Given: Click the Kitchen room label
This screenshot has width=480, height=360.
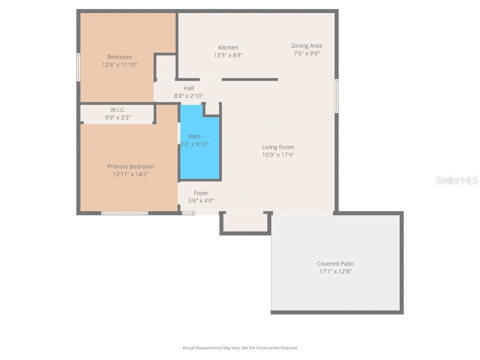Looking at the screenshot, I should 228,47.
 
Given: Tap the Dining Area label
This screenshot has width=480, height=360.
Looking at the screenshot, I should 307,45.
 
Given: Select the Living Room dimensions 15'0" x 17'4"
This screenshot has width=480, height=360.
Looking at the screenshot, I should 278,155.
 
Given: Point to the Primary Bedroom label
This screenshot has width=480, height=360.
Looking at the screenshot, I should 130,166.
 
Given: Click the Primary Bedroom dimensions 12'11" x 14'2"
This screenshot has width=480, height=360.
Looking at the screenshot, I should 130,174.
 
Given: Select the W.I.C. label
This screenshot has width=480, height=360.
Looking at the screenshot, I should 118,110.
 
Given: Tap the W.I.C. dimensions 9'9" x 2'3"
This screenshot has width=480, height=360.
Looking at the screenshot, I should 118,117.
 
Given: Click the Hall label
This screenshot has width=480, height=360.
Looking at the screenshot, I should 188,88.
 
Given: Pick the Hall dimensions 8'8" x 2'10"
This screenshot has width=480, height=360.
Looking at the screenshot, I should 188,96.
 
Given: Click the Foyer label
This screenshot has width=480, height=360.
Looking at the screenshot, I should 201,193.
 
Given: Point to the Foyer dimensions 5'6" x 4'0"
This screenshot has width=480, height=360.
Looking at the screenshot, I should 201,200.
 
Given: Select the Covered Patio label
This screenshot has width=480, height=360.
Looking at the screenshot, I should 335,263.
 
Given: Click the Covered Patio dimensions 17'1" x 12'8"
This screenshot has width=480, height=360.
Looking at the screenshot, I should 335,271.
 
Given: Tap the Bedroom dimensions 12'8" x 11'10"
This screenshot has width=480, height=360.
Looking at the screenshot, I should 120,65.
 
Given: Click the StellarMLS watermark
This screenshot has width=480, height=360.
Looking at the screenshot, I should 456,180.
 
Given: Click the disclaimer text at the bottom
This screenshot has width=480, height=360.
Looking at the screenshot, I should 240,348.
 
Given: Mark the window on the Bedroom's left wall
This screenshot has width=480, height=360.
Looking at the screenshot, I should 78,67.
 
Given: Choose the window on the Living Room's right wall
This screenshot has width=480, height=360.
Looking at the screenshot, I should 337,96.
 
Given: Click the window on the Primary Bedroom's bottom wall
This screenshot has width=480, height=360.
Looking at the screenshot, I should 125,213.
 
